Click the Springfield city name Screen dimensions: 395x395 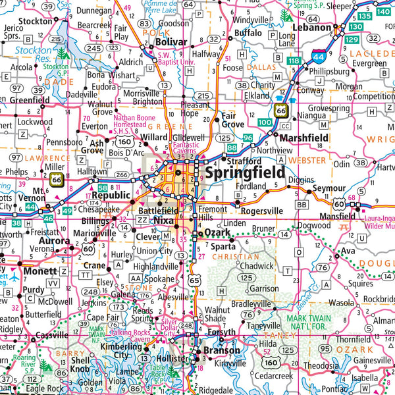245,172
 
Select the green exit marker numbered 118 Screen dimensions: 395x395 294,61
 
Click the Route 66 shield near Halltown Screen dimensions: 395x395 57,179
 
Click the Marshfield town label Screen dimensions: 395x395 303,138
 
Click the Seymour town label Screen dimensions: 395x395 329,188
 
